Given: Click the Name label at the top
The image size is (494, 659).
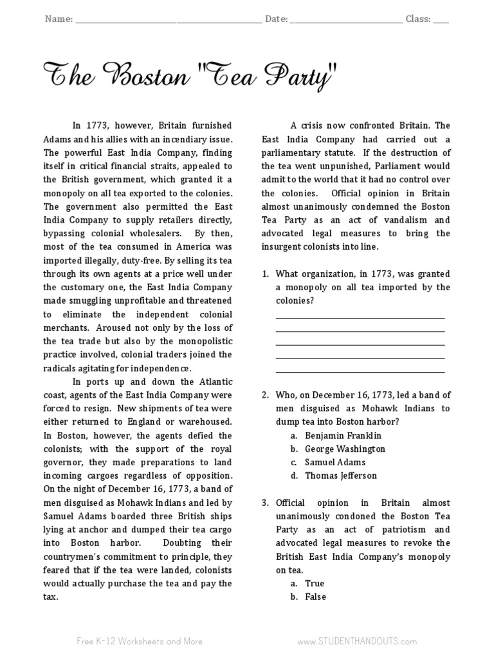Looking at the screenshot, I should pos(58,19).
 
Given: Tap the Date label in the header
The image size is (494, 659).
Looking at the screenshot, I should pos(276,19).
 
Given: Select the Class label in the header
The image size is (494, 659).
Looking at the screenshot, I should pos(417,19).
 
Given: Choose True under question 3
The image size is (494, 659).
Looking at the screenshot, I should pos(315,583).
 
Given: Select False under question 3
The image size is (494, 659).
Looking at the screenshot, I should pos(315,597).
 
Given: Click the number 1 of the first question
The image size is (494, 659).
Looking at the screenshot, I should pos(265,274).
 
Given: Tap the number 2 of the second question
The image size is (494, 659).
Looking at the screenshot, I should pos(265,394).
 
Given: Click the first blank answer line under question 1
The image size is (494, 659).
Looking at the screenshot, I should pos(360,317).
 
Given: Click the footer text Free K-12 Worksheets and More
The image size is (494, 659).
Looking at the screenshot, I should pos(139,641).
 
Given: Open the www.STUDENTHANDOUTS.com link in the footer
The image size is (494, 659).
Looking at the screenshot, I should pos(357,641).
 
